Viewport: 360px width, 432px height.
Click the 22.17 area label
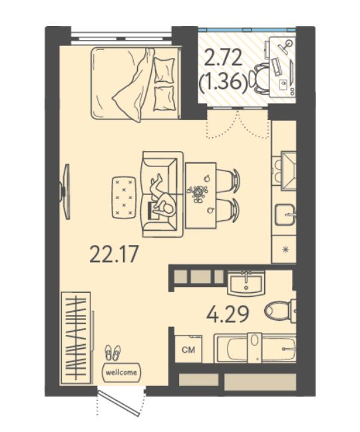click(x=114, y=254)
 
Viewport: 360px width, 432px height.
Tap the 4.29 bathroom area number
click(x=228, y=314)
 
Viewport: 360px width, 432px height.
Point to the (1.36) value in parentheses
click(x=223, y=83)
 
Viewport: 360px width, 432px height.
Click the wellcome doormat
click(x=122, y=373)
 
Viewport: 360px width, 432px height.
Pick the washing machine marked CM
click(x=189, y=349)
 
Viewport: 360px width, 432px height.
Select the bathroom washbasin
click(x=246, y=283)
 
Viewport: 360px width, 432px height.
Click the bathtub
click(x=256, y=348)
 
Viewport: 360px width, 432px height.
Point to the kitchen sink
click(x=285, y=214)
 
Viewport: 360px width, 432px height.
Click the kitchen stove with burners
click(x=284, y=171)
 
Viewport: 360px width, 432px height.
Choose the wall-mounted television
click(x=66, y=192)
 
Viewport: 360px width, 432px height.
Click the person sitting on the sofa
click(x=161, y=197)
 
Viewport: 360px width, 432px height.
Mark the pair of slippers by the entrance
click(x=112, y=353)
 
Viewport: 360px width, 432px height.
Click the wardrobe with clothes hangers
click(x=76, y=337)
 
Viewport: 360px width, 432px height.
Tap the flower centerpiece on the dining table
click(x=197, y=192)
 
